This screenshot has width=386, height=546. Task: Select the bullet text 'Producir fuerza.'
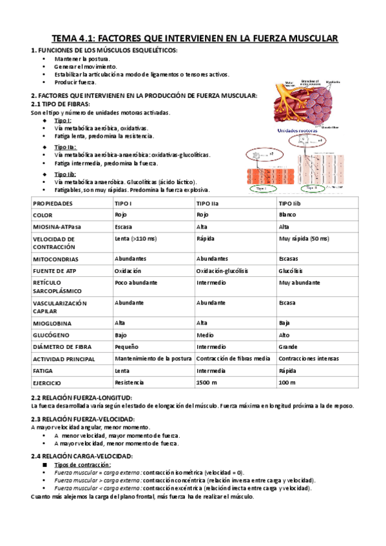point(75,82)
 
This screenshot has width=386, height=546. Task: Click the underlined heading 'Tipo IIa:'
point(65,147)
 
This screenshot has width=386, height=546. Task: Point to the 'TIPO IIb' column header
point(289,203)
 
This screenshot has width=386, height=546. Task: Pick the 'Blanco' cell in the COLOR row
point(287,215)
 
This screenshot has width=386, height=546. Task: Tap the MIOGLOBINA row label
point(52,323)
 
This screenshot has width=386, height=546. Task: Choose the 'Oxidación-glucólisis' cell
point(222,270)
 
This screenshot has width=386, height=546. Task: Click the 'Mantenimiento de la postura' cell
point(153,359)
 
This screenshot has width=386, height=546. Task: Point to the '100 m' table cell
point(287,382)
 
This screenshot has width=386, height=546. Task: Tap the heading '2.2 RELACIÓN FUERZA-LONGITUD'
point(81,399)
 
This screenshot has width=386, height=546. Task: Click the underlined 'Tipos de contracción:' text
point(82,464)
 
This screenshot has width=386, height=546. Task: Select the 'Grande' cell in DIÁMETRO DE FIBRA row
point(288,347)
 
